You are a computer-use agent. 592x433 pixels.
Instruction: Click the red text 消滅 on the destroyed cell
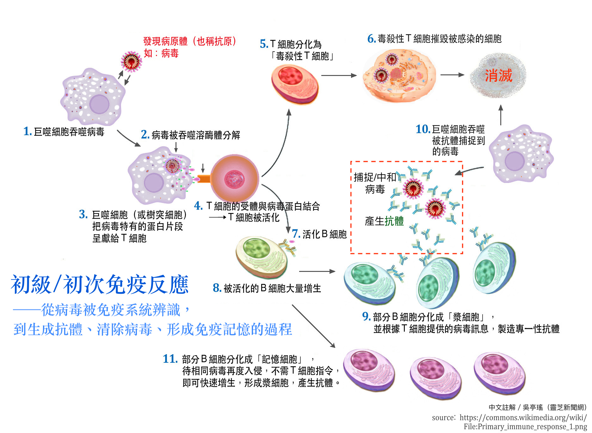click(498, 76)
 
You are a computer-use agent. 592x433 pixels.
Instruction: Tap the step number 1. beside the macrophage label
click(28, 131)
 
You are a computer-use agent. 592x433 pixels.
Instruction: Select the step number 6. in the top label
click(371, 39)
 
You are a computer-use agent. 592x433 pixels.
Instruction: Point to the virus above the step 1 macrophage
click(131, 61)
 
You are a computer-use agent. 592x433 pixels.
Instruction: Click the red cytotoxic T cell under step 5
click(294, 84)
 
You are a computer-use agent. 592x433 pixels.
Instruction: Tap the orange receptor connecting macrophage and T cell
click(204, 179)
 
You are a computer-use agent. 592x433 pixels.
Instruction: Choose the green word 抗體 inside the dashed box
click(394, 221)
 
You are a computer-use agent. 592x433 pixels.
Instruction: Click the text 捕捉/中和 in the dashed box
click(375, 177)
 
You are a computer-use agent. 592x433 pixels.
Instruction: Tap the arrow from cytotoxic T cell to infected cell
click(339, 75)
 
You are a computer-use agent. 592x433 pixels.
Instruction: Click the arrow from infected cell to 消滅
click(452, 75)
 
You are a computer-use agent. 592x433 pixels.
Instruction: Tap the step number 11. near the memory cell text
click(170, 359)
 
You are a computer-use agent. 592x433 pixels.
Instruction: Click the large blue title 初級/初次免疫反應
click(100, 285)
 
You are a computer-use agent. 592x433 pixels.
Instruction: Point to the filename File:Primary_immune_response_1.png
click(525, 427)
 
